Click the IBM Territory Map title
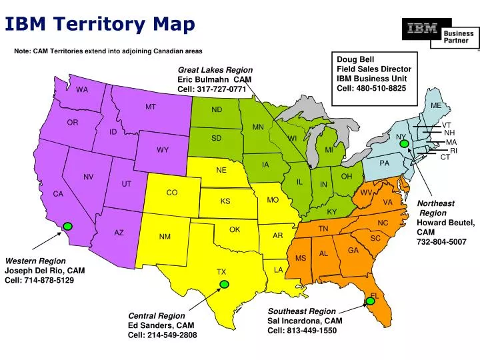tap(100, 24)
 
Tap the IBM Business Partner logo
tap(440, 33)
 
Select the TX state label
tap(221, 272)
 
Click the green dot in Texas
tap(224, 285)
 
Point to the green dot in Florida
tap(371, 301)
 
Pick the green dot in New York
tap(403, 143)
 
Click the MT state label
tap(151, 107)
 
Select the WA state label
tap(82, 89)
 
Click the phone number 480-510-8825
tap(381, 89)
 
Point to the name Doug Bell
tap(356, 59)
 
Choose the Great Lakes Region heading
tap(215, 69)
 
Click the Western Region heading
tap(35, 261)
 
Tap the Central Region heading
tap(157, 315)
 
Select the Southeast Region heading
tap(302, 311)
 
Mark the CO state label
tap(172, 193)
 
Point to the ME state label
tap(436, 105)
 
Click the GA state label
tap(353, 250)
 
